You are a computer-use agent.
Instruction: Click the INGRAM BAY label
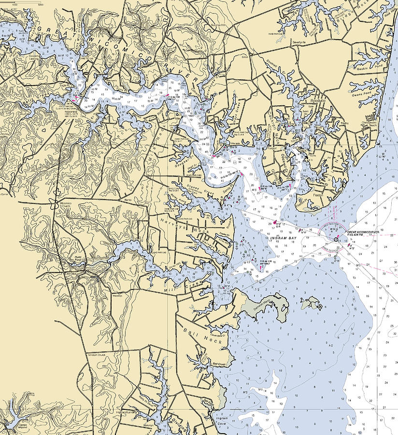[x=283, y=238]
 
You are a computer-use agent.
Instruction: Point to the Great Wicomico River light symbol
[x=336, y=239]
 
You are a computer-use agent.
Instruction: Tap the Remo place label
[x=128, y=199]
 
